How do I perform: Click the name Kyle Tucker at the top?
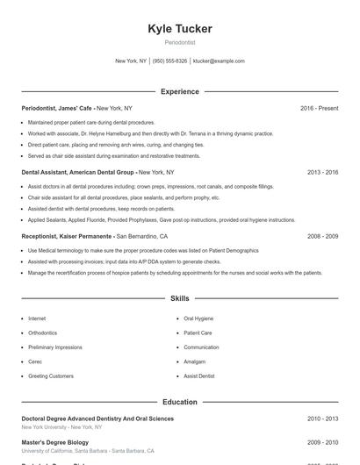[180, 29]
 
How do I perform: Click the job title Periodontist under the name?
[180, 42]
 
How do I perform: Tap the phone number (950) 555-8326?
[169, 61]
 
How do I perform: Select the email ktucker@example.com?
[219, 61]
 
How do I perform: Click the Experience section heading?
[180, 91]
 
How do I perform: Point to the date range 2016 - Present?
[319, 108]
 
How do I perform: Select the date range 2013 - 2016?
[322, 173]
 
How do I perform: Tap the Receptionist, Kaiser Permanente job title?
[67, 237]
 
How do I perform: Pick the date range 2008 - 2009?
[322, 237]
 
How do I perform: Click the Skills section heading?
[180, 299]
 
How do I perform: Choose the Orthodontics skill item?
[42, 333]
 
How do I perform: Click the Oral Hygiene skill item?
[198, 319]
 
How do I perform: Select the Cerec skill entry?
[35, 361]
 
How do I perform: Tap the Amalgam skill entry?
[195, 361]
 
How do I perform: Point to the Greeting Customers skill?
[51, 376]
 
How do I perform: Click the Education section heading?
[180, 402]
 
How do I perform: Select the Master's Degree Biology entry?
[54, 443]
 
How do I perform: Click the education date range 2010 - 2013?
[322, 419]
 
